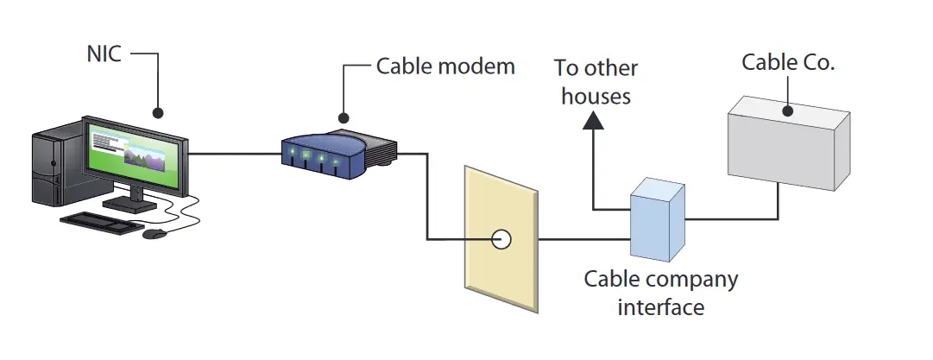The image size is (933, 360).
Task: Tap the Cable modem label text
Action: pos(445,66)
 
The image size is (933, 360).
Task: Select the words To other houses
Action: pos(596,82)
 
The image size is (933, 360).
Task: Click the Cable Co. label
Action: pos(788,63)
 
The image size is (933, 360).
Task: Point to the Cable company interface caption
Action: pos(661,293)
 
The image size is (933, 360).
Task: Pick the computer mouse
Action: pos(154,233)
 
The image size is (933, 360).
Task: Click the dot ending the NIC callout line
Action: pos(158,112)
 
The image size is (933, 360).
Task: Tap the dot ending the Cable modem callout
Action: pos(344,117)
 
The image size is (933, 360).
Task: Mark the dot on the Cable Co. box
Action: pos(787,111)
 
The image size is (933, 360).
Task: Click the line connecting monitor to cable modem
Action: pos(234,155)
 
